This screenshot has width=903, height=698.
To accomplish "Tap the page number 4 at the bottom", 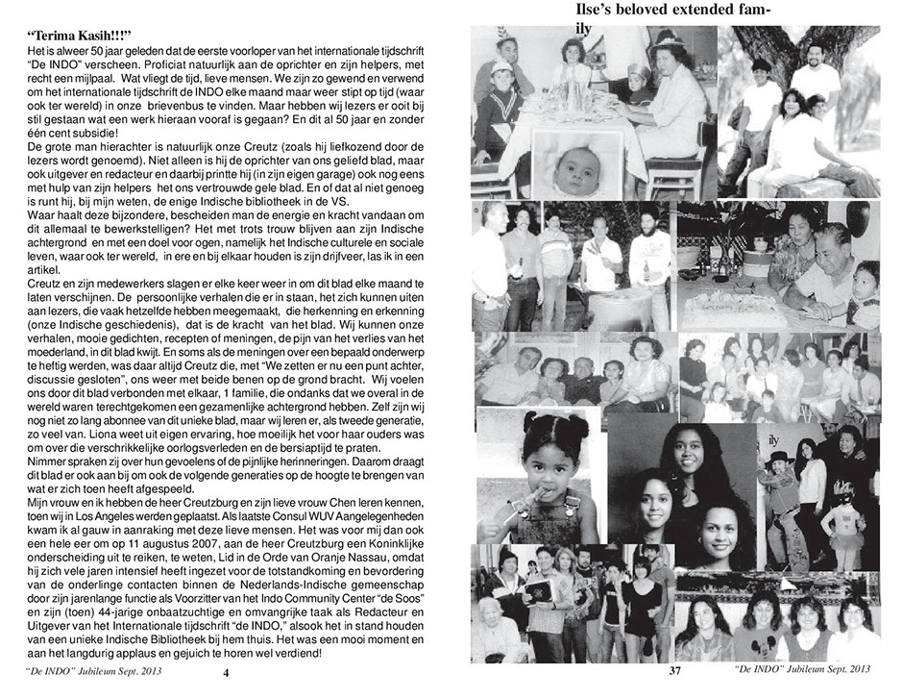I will pyautogui.click(x=226, y=673).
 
